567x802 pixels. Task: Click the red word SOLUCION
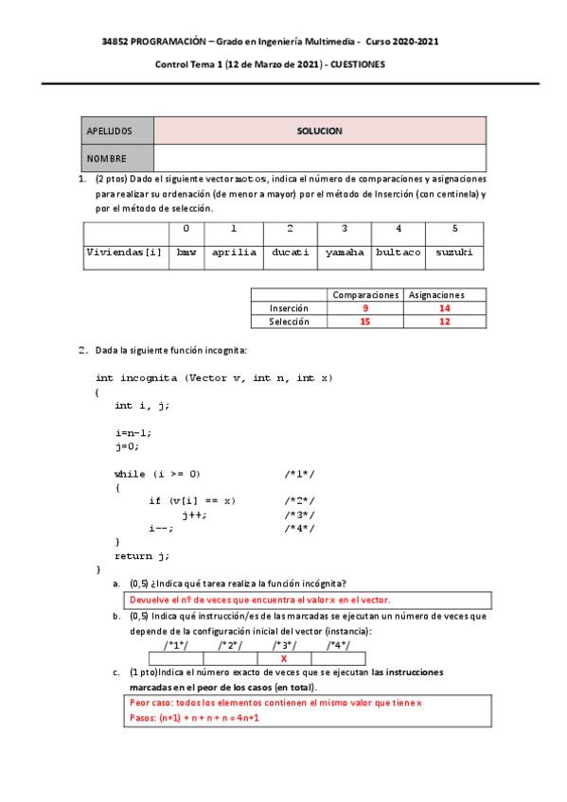319,131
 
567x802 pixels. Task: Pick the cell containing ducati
290,253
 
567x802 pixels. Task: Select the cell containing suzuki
454,253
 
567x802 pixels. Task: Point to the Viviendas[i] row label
125,253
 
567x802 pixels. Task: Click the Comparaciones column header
365,295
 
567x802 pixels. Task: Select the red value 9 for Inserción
365,308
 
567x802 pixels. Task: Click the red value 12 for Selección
446,322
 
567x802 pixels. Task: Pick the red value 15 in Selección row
365,322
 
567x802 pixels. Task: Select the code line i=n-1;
133,432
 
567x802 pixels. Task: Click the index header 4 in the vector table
399,229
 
